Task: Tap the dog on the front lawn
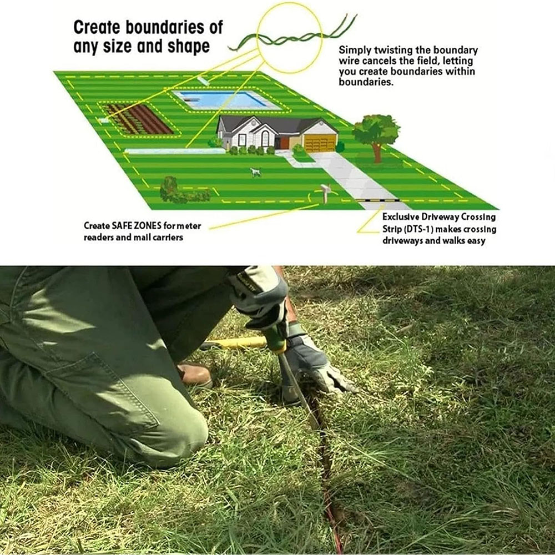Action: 254,173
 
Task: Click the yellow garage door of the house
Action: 320,143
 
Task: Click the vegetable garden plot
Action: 137,119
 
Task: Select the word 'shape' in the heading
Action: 189,47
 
